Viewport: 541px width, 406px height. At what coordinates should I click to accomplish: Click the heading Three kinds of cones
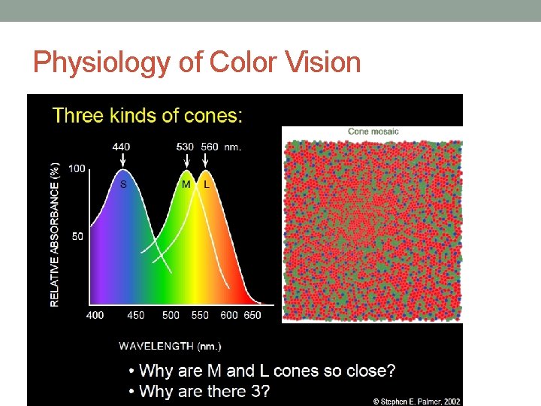coord(147,116)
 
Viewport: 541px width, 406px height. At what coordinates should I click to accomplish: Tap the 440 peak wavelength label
coord(122,147)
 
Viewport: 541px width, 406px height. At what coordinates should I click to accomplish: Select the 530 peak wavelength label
coord(186,147)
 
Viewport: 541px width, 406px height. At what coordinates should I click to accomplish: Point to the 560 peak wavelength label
coord(210,147)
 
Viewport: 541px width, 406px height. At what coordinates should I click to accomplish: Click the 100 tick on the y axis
coord(77,168)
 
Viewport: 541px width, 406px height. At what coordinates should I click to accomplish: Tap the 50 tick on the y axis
coord(77,236)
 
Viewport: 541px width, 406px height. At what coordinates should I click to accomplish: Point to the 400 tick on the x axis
coord(95,315)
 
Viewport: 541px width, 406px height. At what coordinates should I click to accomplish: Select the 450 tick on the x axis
coord(136,315)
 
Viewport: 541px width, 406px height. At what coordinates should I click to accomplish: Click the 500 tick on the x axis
coord(171,315)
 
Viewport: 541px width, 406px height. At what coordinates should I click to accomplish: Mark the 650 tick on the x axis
coord(252,315)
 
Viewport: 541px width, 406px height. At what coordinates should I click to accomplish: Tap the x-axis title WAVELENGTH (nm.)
coord(170,346)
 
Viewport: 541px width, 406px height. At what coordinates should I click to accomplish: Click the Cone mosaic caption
coord(373,132)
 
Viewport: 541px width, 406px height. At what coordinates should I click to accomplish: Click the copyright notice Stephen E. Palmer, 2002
coord(417,401)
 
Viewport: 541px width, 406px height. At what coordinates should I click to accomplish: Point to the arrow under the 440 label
coord(122,159)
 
